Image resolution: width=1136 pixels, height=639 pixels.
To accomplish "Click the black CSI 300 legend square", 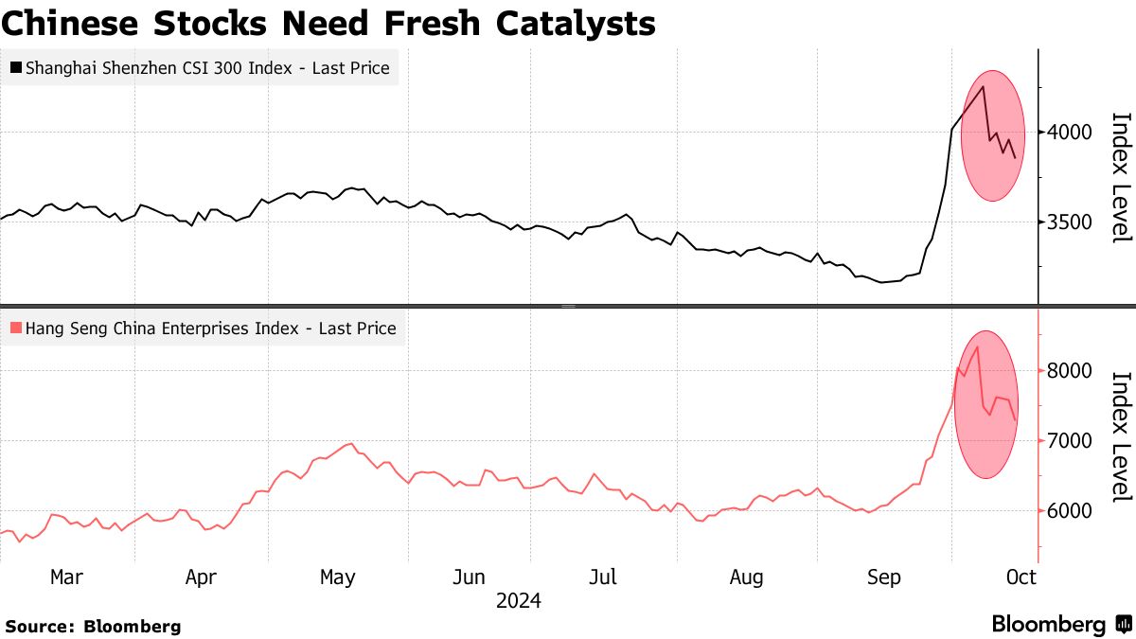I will point(16,68).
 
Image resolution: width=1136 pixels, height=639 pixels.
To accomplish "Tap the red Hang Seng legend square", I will point(16,328).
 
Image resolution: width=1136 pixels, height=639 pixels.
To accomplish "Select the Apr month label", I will point(202,577).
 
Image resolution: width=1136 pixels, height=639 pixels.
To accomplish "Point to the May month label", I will point(337,577).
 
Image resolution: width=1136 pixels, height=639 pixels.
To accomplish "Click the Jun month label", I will point(470,577).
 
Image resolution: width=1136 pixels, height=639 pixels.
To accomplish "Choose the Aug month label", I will point(747,577).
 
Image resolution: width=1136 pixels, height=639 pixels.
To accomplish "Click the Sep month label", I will point(884,577).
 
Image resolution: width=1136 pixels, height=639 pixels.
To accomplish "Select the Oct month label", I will point(1021,577).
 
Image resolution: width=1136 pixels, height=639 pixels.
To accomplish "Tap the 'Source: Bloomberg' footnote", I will point(93,626).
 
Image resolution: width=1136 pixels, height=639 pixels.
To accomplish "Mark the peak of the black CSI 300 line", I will point(985,87).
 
